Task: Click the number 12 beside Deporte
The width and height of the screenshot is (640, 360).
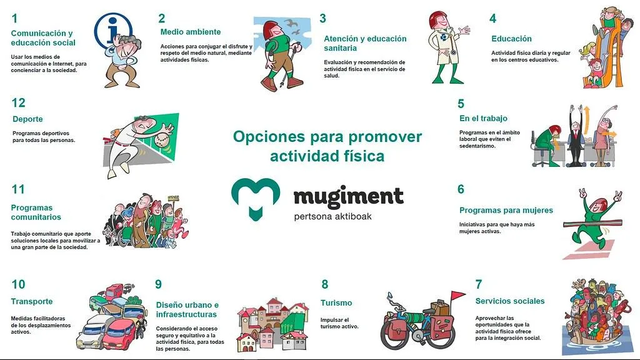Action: coord(18,103)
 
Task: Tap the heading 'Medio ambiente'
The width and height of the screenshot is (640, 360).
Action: coord(190,32)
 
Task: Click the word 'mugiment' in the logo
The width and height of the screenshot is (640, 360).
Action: coord(348,197)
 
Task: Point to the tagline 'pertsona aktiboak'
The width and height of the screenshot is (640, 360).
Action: coord(334,216)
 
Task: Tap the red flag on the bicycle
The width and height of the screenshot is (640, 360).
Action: coord(458,296)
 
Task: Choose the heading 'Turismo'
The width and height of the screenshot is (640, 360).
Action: coord(336,303)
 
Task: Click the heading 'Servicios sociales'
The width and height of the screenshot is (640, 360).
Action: coord(509,301)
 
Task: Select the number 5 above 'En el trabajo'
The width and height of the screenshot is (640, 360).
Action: coord(461,104)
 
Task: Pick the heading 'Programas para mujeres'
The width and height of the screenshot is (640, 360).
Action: coord(506,211)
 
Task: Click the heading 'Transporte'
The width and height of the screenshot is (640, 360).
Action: coord(32,301)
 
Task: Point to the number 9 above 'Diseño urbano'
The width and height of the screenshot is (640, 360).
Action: coord(159,284)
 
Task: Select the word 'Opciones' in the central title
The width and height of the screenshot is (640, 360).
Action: coord(269,137)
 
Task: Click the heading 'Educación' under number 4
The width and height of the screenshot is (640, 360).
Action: coord(511,39)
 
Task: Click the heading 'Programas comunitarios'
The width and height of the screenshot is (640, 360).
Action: coord(36,212)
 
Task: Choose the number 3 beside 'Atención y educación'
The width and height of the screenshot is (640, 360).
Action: coord(322,19)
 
